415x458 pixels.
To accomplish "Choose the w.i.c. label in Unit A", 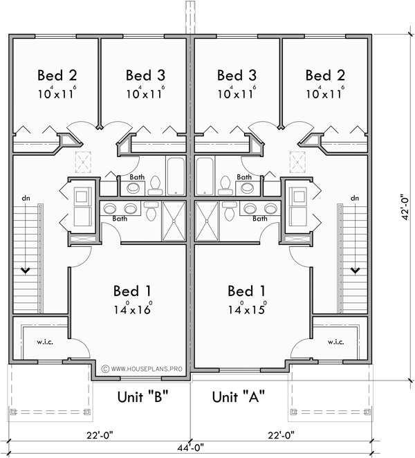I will click(x=335, y=342).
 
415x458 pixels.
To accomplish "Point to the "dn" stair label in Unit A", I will click(x=355, y=199).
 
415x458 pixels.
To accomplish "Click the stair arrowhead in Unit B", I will click(x=26, y=269).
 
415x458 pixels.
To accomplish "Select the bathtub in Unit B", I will click(x=174, y=174).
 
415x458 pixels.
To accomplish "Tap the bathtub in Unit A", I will click(x=205, y=174).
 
